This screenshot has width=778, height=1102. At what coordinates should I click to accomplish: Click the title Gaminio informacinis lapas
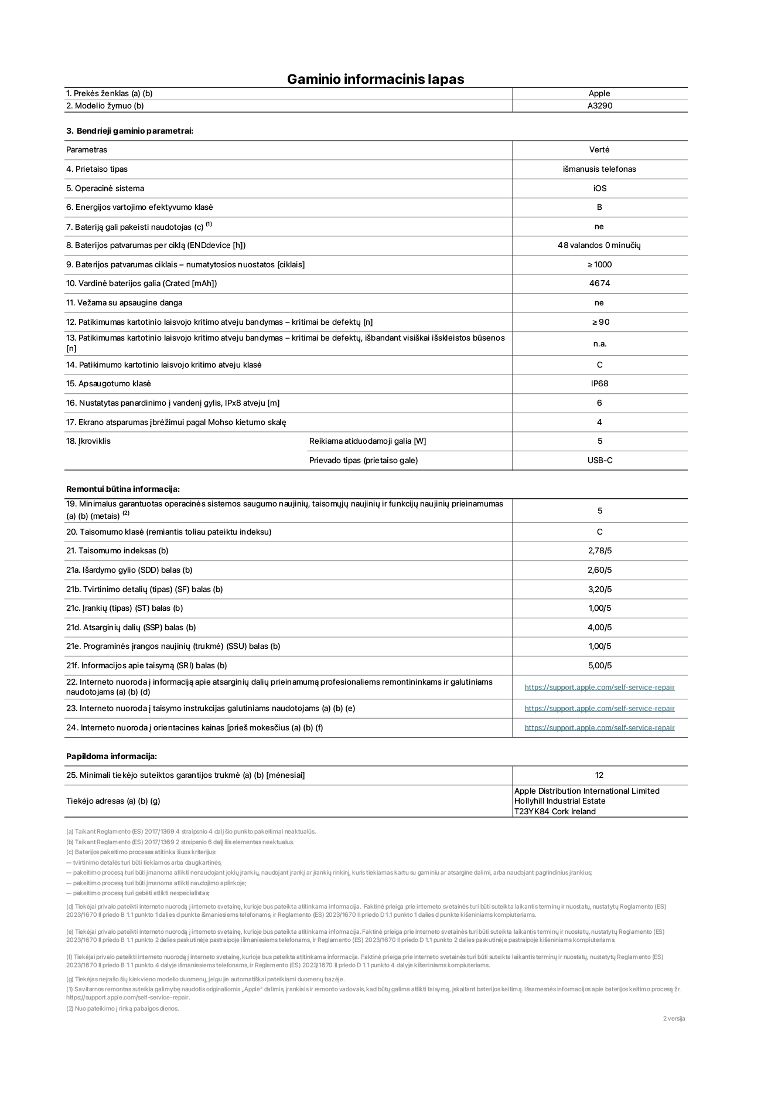click(x=375, y=79)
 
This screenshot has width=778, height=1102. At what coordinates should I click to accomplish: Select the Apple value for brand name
click(x=599, y=93)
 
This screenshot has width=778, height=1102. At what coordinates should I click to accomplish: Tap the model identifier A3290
click(x=599, y=106)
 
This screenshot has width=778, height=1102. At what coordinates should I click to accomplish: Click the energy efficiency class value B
click(x=599, y=208)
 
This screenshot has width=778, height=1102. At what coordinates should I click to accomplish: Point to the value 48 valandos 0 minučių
click(x=599, y=246)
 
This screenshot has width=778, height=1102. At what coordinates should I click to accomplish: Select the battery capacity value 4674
click(x=599, y=284)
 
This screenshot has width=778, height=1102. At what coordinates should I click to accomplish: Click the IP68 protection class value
click(x=599, y=384)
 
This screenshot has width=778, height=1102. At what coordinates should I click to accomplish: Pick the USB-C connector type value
click(x=599, y=461)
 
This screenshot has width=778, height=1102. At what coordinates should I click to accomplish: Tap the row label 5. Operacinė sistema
click(x=105, y=189)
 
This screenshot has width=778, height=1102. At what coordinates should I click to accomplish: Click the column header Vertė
click(x=599, y=150)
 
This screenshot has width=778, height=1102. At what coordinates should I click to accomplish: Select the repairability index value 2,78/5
click(x=599, y=551)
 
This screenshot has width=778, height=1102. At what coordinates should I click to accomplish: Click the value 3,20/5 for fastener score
click(x=599, y=590)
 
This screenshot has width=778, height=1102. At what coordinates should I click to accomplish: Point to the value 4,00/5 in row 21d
click(x=599, y=628)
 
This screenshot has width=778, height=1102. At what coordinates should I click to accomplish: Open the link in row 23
click(x=599, y=709)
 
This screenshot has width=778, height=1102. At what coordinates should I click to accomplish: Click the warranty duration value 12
click(x=599, y=776)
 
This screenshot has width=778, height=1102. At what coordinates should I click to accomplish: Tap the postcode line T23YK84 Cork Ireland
click(x=554, y=812)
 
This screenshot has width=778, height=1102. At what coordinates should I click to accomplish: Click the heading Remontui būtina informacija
click(x=122, y=489)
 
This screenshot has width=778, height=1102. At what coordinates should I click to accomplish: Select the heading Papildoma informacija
click(x=111, y=757)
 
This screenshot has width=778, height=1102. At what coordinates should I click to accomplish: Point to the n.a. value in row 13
click(x=599, y=344)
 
